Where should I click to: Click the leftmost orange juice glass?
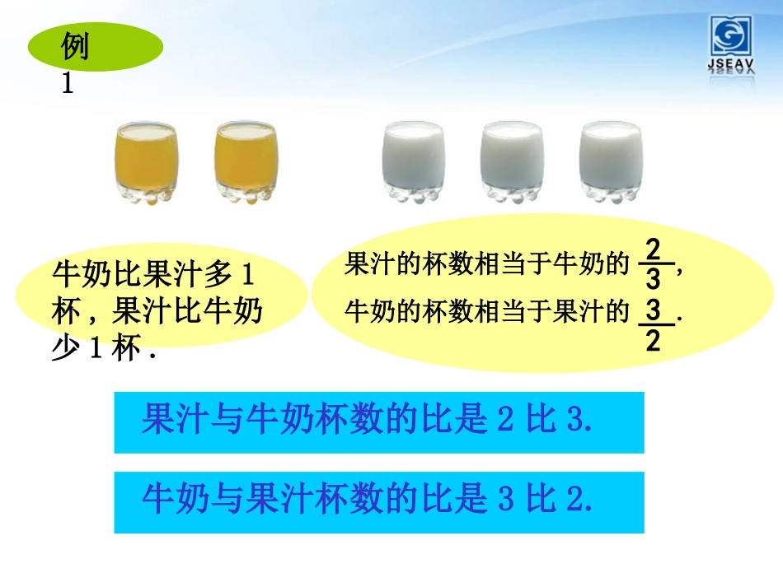pyautogui.click(x=146, y=164)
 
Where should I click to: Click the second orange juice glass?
pyautogui.click(x=246, y=164)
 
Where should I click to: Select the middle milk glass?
pyautogui.click(x=512, y=162)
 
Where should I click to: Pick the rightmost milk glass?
pyautogui.click(x=611, y=162)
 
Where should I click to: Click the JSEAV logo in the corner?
pyautogui.click(x=732, y=46)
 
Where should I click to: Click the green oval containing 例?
pyautogui.click(x=96, y=48)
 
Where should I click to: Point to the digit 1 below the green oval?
pyautogui.click(x=68, y=84)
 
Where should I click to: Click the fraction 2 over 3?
pyautogui.click(x=654, y=263)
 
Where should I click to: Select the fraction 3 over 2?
pyautogui.click(x=654, y=324)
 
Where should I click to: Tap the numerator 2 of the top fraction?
pyautogui.click(x=654, y=249)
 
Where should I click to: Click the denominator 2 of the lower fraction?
pyautogui.click(x=654, y=339)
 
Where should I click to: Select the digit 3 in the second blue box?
pyautogui.click(x=505, y=499)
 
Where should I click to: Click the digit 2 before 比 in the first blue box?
pyautogui.click(x=505, y=421)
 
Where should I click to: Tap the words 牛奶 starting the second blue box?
pyautogui.click(x=167, y=499)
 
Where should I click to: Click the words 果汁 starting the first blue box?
pyautogui.click(x=167, y=421)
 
